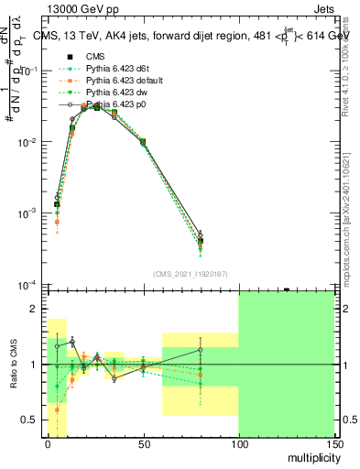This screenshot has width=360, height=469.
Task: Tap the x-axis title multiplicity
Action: click(x=311, y=457)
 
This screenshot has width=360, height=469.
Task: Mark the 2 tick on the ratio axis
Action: click(x=38, y=309)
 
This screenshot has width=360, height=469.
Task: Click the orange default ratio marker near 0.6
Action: click(x=57, y=409)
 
